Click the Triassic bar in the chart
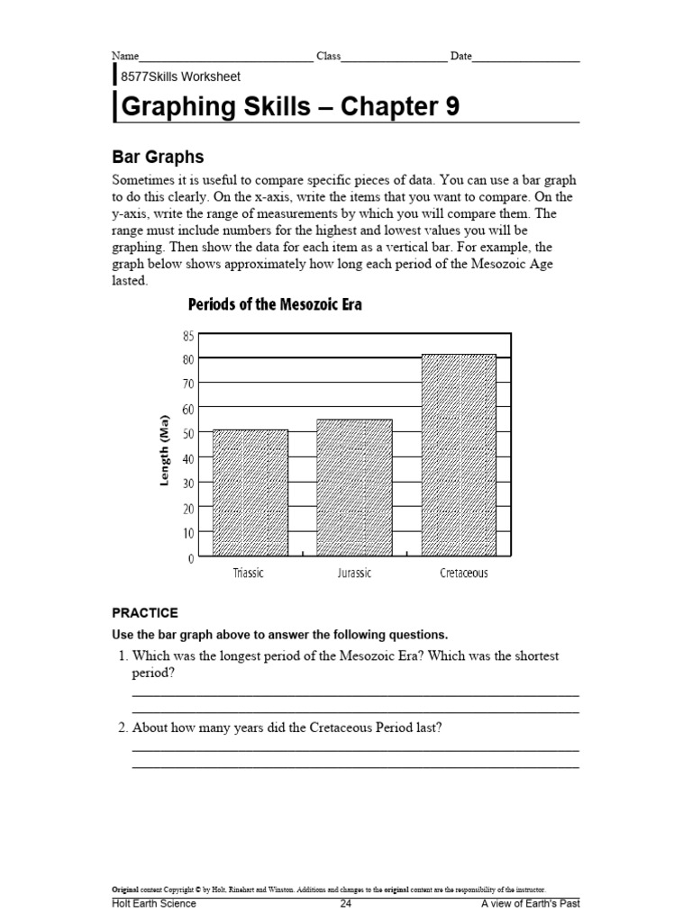click(250, 493)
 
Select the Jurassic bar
click(354, 488)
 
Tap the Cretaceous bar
click(459, 456)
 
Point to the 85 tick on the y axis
click(187, 336)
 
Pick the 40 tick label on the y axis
click(187, 458)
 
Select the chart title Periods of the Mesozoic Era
click(275, 304)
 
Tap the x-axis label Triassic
click(250, 574)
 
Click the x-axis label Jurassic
click(353, 574)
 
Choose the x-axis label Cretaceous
click(463, 574)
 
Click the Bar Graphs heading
click(158, 157)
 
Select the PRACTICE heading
click(144, 612)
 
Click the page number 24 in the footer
click(346, 903)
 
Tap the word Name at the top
click(125, 56)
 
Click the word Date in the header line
click(460, 56)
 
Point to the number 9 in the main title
click(451, 107)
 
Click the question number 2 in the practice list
click(123, 728)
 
